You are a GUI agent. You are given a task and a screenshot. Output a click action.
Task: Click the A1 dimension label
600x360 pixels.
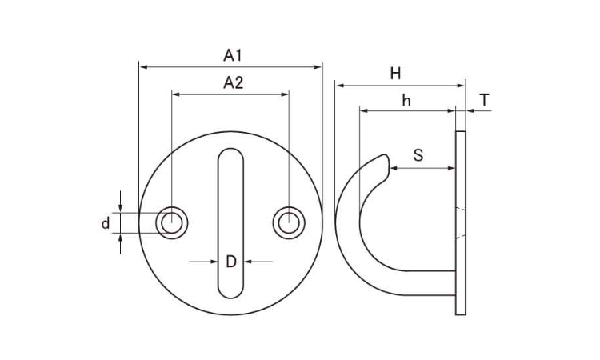[x=233, y=55]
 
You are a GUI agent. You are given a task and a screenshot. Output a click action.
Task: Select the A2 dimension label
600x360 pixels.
[x=233, y=82]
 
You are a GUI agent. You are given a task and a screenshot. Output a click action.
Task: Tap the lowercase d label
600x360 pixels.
[x=106, y=222]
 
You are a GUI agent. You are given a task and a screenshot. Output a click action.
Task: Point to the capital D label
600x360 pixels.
[x=230, y=262]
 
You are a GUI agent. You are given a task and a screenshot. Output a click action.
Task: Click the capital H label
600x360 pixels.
[x=395, y=74]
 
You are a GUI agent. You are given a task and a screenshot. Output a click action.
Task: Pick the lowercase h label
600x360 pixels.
[x=406, y=101]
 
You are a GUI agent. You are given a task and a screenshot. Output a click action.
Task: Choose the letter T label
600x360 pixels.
[x=485, y=100]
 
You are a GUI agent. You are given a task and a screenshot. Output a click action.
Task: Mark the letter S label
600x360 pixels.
[x=418, y=155]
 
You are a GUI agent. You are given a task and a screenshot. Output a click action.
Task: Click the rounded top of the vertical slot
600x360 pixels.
[x=230, y=150]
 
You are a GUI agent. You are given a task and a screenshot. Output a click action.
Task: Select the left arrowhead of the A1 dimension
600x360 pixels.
[x=143, y=67]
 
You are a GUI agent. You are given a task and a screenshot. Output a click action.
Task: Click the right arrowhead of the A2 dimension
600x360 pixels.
[x=285, y=94]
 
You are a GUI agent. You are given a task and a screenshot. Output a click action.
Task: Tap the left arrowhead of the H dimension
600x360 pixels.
[x=340, y=86]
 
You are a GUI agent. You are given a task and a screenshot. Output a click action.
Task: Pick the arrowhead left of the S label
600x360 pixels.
[x=394, y=168]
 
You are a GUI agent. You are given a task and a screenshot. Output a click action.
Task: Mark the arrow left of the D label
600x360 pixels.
[x=203, y=262]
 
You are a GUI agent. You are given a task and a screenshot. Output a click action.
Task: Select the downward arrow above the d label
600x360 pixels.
[x=120, y=202]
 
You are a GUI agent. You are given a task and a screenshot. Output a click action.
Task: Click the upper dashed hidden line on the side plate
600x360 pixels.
[x=461, y=209]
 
